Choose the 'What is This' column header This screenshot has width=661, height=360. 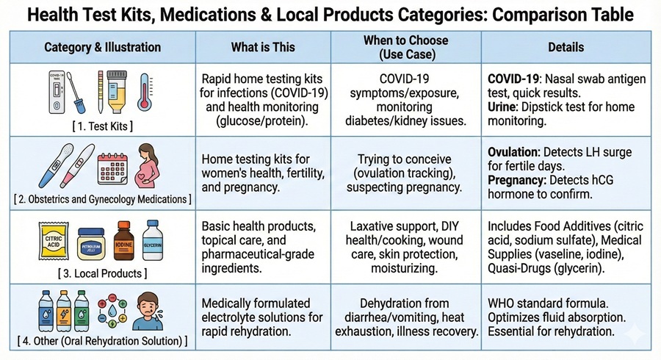coord(262,47)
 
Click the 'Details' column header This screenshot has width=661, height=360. coord(566,47)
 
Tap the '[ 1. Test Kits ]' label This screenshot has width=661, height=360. coord(102,126)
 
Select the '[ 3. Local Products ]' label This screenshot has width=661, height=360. coord(102,274)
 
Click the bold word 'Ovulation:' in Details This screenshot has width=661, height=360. coord(515,152)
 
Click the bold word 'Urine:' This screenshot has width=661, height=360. coord(505,107)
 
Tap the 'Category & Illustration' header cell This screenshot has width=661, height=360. coord(102,47)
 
